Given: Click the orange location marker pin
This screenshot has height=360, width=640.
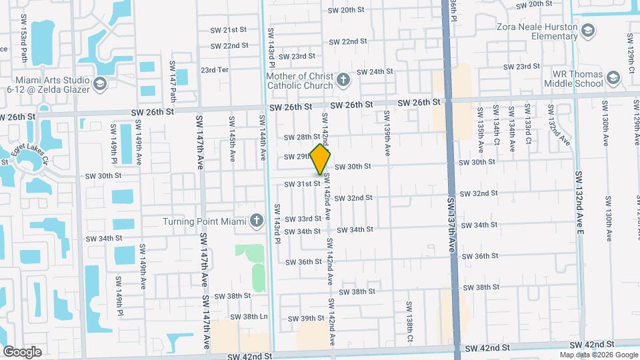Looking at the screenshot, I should [x=321, y=159].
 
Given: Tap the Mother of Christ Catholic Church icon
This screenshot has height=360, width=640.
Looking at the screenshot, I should [x=343, y=81].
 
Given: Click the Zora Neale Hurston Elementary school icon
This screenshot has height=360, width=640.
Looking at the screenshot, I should [x=588, y=31].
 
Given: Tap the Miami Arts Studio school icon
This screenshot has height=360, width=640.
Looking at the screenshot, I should [x=99, y=83].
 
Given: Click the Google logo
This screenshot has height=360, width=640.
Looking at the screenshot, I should [x=22, y=351].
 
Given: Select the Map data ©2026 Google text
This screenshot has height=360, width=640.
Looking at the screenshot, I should [x=598, y=355].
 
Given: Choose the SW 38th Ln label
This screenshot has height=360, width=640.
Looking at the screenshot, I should [x=249, y=316].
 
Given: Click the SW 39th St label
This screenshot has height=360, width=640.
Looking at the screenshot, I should [x=306, y=319].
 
